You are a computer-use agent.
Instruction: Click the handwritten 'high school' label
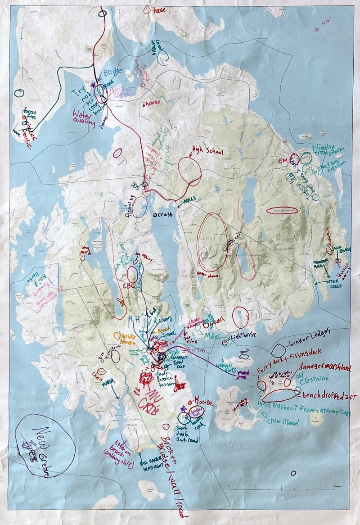(x=207, y=152)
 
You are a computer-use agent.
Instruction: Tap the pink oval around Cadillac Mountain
(x=284, y=210)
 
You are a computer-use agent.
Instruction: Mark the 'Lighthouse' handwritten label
(x=245, y=336)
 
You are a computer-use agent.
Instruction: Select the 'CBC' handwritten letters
(x=123, y=285)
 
